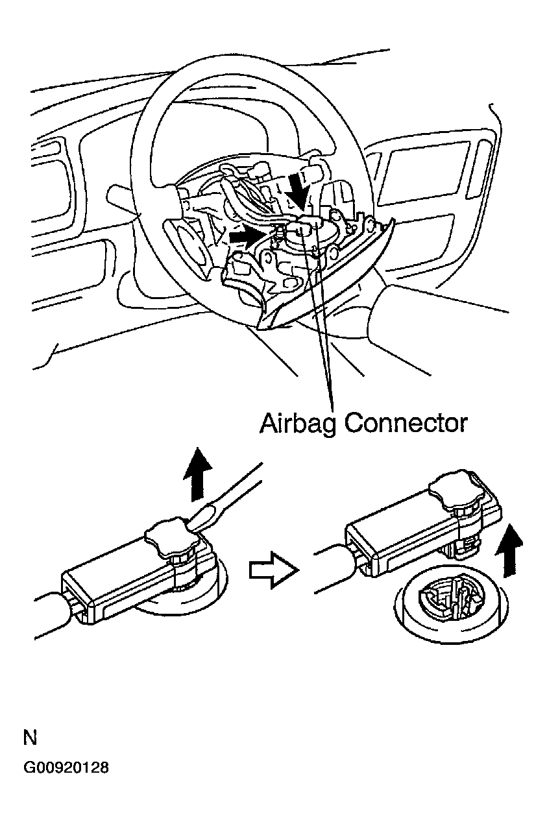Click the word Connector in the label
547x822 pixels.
tap(406, 423)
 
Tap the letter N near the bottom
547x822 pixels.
tap(30, 738)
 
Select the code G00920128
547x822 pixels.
tap(66, 768)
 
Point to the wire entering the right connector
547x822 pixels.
tap(334, 572)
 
